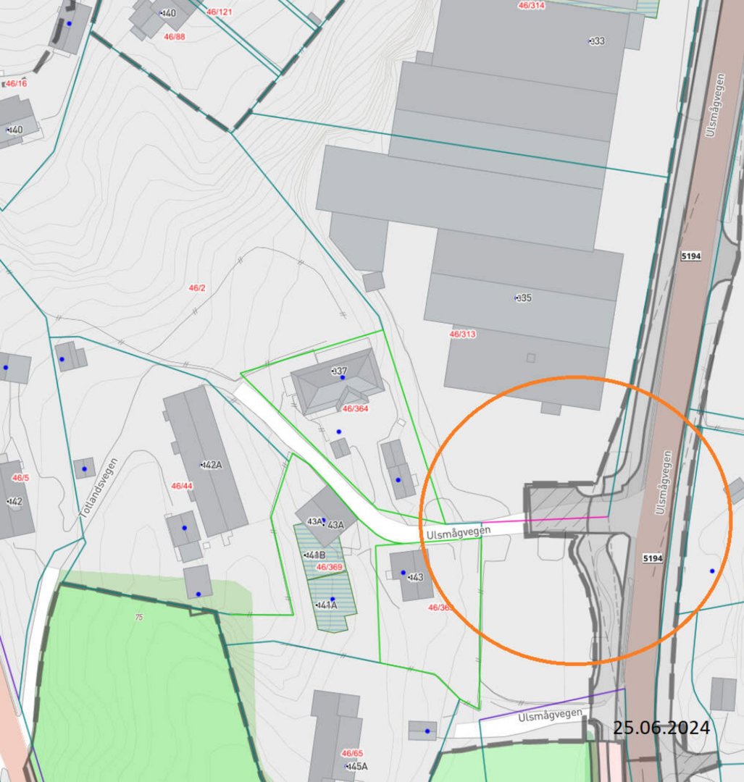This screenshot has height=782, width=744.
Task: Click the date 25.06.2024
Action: [661, 727]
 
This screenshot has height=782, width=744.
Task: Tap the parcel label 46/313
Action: [462, 335]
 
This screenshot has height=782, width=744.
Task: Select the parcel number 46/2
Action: [197, 288]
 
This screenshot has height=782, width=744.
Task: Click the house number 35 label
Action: [523, 298]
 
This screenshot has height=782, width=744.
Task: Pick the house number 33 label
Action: [597, 41]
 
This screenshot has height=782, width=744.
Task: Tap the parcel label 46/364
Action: [355, 409]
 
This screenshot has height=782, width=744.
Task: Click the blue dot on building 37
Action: [343, 377]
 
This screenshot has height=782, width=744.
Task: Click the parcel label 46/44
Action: [181, 486]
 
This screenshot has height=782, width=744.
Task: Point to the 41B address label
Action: [315, 555]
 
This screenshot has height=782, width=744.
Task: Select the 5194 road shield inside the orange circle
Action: [652, 559]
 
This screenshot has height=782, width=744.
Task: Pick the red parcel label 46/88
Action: [174, 37]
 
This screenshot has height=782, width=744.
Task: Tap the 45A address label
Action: [357, 766]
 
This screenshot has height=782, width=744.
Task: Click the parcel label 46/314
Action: [532, 5]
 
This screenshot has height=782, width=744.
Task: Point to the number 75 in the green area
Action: [138, 617]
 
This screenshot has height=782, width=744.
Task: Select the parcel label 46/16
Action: [16, 84]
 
